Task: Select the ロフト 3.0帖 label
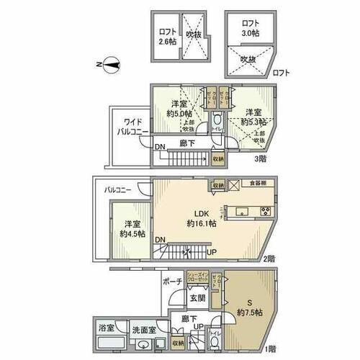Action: coord(250,28)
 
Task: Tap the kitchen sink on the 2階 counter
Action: coord(240,211)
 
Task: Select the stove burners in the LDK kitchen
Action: coord(264,211)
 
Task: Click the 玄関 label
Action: coord(197,297)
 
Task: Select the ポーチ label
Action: coord(173,282)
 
